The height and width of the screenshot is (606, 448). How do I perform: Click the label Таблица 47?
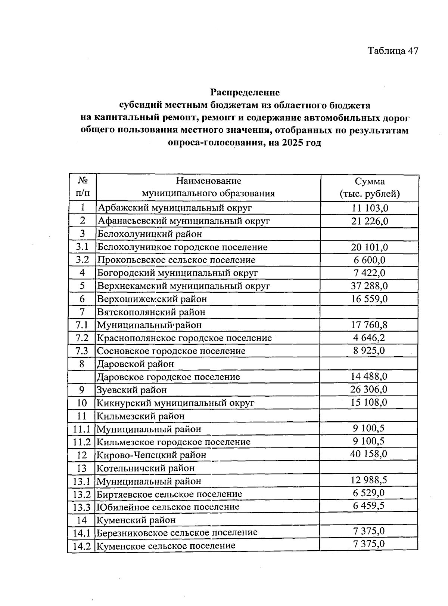(x=393, y=50)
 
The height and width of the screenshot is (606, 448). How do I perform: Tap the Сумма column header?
(x=370, y=187)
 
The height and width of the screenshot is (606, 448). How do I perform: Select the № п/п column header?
(x=83, y=187)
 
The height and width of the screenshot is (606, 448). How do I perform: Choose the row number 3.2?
(x=82, y=260)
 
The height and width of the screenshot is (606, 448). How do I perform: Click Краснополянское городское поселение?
(x=184, y=338)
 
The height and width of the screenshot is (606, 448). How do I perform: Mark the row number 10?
(x=82, y=403)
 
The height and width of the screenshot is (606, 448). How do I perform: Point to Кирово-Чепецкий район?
(x=151, y=455)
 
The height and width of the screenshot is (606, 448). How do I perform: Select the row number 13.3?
(x=82, y=507)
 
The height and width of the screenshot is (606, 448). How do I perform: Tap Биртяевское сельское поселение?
(x=169, y=494)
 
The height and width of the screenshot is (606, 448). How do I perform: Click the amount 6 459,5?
(x=369, y=506)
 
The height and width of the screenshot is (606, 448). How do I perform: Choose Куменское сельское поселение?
(x=166, y=545)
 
